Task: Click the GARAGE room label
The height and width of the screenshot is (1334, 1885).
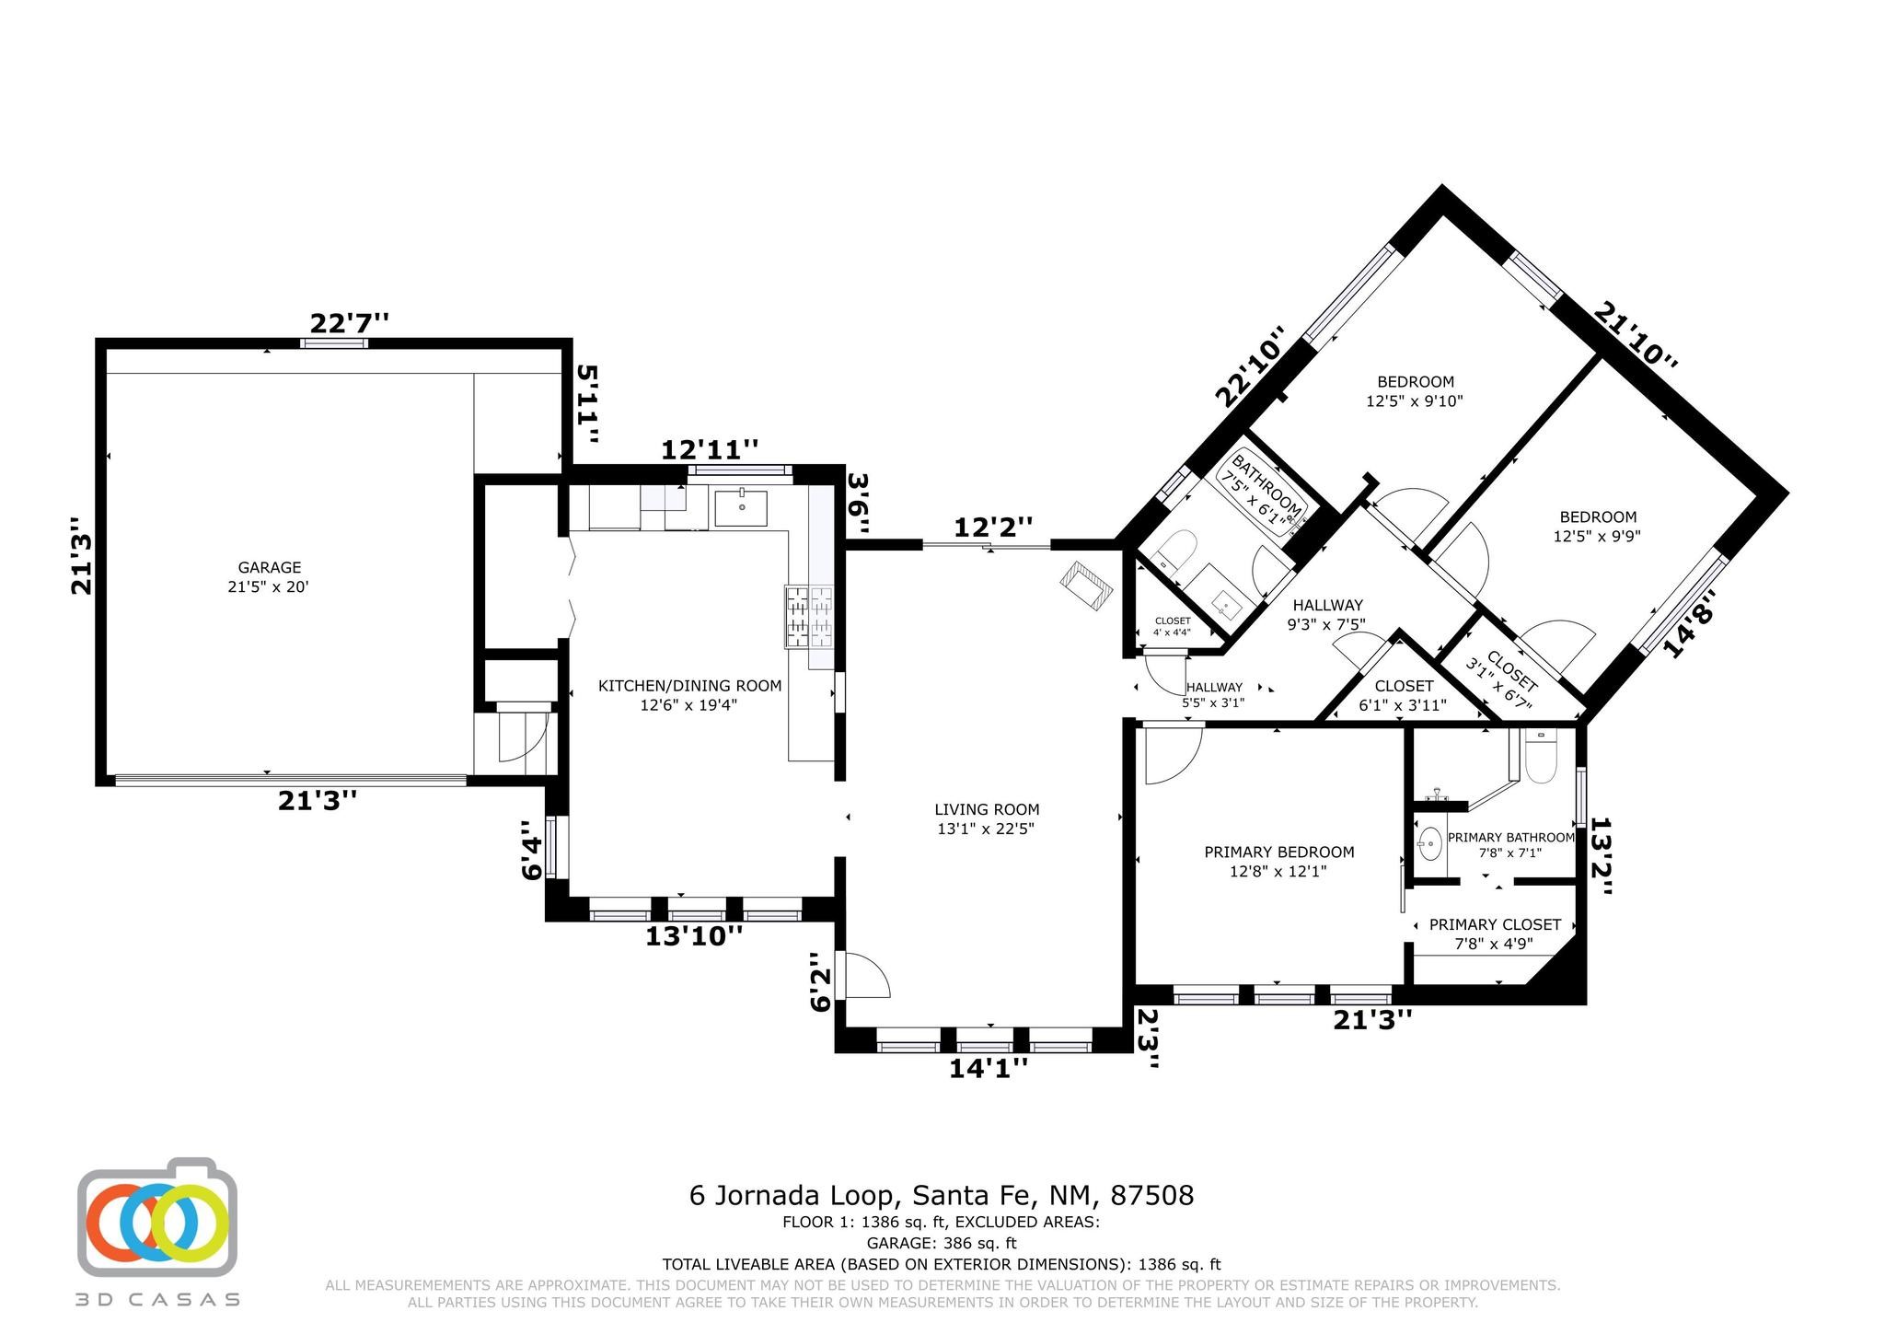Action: point(270,568)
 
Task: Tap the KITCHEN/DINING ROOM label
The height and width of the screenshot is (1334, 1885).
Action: point(689,686)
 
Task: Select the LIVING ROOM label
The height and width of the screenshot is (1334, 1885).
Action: point(987,810)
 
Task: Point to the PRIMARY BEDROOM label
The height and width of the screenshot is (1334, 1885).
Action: point(1278,853)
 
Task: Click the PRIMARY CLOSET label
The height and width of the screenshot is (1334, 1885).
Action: point(1495,924)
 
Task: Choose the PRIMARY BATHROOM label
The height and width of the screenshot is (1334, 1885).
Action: point(1510,838)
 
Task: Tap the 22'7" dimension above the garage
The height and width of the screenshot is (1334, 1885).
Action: point(349,324)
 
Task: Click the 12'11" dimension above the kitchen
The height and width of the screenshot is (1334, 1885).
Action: point(710,450)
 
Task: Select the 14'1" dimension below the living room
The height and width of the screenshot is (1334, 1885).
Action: point(989,1068)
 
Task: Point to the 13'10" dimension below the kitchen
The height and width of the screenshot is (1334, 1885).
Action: point(694,936)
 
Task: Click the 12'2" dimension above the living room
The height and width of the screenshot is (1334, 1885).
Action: point(993,528)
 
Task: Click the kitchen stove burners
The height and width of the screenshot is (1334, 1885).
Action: point(809,617)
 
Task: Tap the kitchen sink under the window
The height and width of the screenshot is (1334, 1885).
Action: point(741,507)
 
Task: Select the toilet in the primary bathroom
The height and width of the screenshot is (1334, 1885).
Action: point(1539,756)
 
